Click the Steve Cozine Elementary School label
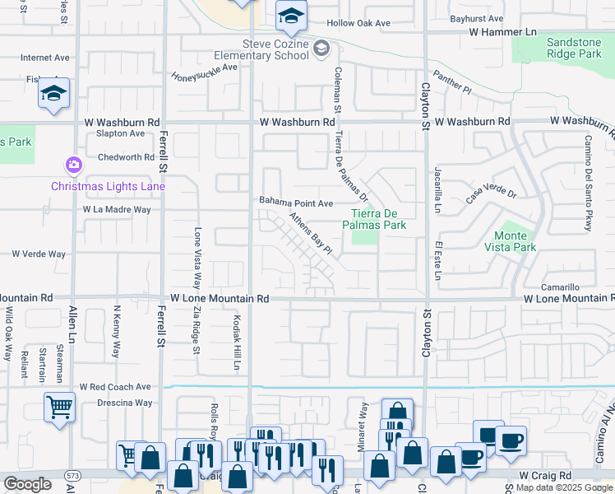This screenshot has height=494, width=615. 275,51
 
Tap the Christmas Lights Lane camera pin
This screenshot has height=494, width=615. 74,165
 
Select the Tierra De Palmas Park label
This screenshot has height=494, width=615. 374,218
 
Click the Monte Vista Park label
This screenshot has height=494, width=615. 515,241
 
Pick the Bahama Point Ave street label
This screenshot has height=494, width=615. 296,202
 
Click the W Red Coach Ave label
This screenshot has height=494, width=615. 115,386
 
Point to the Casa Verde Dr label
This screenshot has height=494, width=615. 490,194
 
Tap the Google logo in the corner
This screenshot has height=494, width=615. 27,484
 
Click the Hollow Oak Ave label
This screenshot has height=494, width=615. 358,23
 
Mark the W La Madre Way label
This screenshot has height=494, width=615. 117,210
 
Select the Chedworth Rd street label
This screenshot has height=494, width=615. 126,156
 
